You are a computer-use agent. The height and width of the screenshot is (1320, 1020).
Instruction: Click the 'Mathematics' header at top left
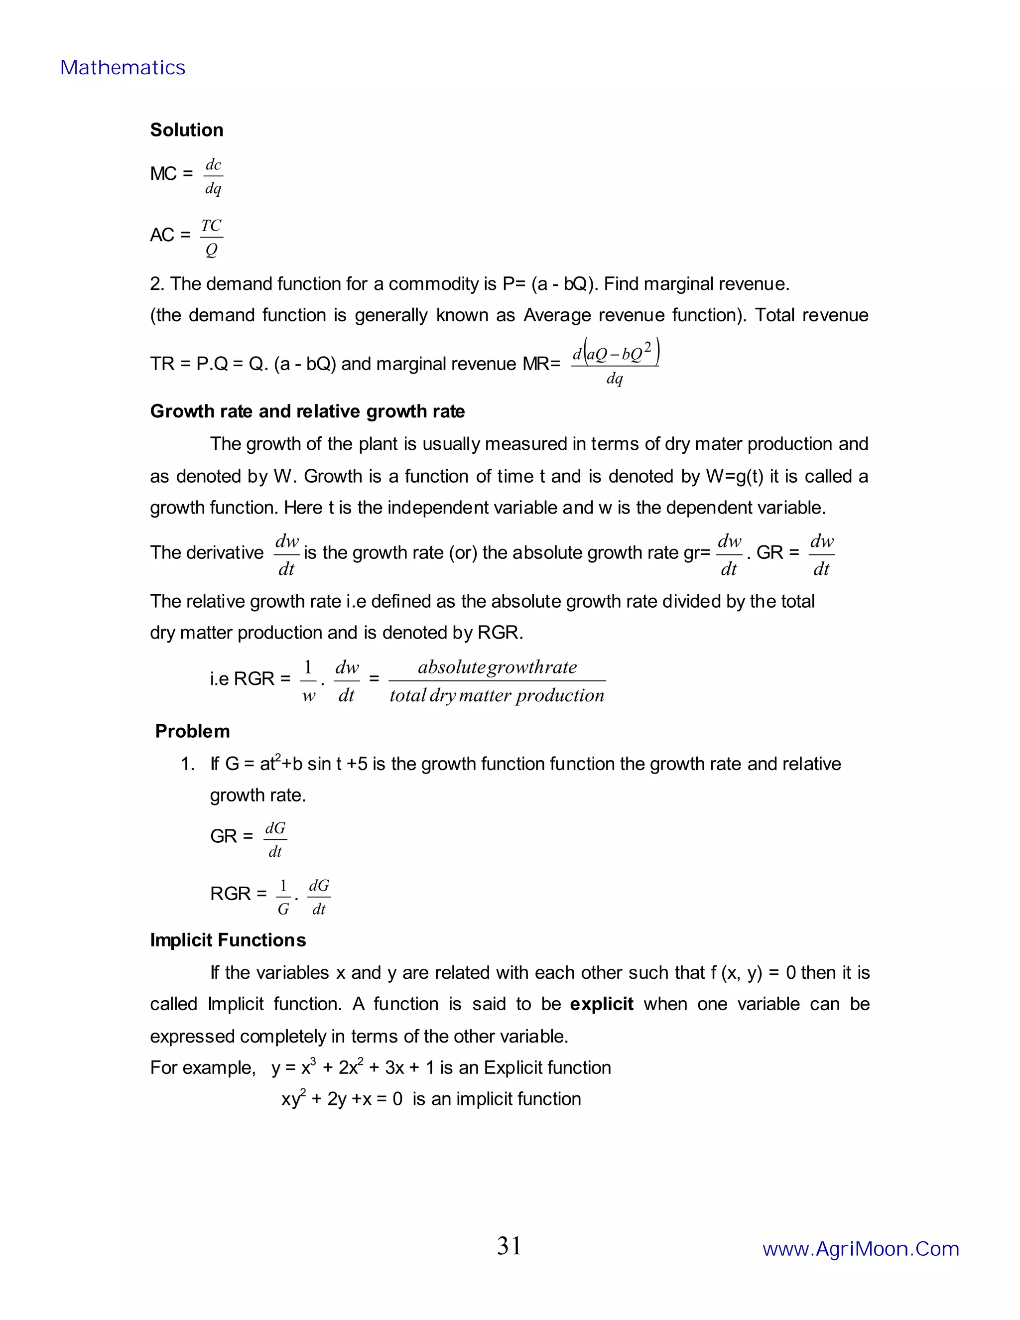coord(123,68)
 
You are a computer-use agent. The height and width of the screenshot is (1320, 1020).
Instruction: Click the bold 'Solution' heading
coord(186,130)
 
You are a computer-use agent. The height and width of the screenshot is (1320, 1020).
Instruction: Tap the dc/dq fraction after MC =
coord(213,176)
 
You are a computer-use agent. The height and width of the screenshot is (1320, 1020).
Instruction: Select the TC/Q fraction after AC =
coord(211,237)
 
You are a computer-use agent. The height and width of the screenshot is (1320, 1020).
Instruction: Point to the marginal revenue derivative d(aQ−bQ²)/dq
coord(615,363)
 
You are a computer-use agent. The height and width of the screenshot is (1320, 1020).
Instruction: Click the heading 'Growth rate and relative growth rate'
coord(307,411)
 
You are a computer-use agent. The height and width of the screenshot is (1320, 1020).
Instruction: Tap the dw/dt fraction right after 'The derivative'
coord(286,554)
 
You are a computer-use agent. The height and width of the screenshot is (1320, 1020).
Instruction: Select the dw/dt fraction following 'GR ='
coord(821,554)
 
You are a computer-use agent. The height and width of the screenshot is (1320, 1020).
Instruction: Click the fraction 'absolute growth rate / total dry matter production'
coord(497,680)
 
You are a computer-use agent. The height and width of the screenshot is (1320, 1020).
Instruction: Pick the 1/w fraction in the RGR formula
coord(308,680)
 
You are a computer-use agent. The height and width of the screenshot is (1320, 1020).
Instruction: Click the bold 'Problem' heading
coord(192,731)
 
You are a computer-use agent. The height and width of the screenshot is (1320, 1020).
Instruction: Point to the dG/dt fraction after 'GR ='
coord(275,839)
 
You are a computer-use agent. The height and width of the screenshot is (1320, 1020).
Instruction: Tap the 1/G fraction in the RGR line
coord(283,897)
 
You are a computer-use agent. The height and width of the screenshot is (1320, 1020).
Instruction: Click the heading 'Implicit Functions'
coord(228,940)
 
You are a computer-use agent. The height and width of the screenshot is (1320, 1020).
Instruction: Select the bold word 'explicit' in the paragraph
coord(601,1004)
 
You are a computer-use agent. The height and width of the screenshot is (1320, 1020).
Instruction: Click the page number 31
coord(509,1246)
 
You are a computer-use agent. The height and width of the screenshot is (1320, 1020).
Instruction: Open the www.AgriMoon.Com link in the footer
coord(861,1249)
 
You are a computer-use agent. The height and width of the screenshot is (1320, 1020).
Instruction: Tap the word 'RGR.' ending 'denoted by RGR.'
coord(500,632)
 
